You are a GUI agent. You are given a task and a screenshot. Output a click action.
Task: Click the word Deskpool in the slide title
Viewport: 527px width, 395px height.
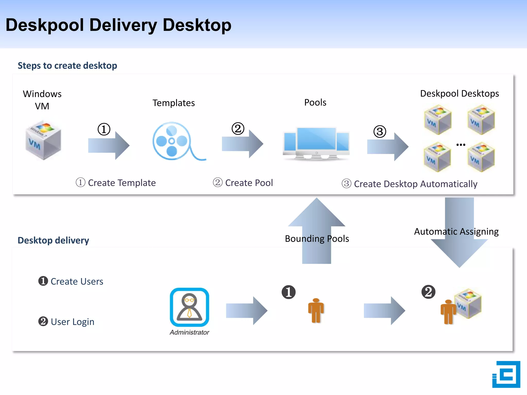click(45, 25)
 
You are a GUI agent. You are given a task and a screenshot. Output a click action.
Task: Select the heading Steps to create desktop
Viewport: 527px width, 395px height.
click(67, 66)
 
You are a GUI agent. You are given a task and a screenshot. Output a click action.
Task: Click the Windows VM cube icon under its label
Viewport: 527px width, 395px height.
click(43, 140)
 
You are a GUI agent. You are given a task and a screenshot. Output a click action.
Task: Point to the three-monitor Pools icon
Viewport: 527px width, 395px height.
click(316, 143)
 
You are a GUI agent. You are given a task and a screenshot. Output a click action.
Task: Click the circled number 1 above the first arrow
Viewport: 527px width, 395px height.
click(104, 129)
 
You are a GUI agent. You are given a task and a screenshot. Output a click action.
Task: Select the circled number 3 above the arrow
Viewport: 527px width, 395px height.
click(380, 132)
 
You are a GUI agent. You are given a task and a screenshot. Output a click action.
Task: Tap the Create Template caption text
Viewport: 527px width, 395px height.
click(122, 183)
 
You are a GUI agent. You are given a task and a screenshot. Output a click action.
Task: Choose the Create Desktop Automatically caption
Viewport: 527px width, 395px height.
click(415, 184)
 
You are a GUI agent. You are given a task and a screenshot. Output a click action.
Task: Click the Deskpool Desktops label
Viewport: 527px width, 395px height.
click(459, 94)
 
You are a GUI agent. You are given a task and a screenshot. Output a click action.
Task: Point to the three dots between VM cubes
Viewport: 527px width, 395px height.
click(461, 145)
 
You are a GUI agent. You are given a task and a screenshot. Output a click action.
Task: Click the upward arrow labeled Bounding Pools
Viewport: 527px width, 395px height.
click(317, 226)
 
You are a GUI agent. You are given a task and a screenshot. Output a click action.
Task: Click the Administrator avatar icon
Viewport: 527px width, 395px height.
click(189, 307)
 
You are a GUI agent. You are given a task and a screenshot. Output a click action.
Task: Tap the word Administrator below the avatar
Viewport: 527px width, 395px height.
click(189, 333)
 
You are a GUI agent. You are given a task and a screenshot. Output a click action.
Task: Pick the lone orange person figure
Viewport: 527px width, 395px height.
click(316, 310)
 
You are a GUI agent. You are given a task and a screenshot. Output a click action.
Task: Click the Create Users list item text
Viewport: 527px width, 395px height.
click(77, 282)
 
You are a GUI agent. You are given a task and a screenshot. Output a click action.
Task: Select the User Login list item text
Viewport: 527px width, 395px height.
click(72, 322)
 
